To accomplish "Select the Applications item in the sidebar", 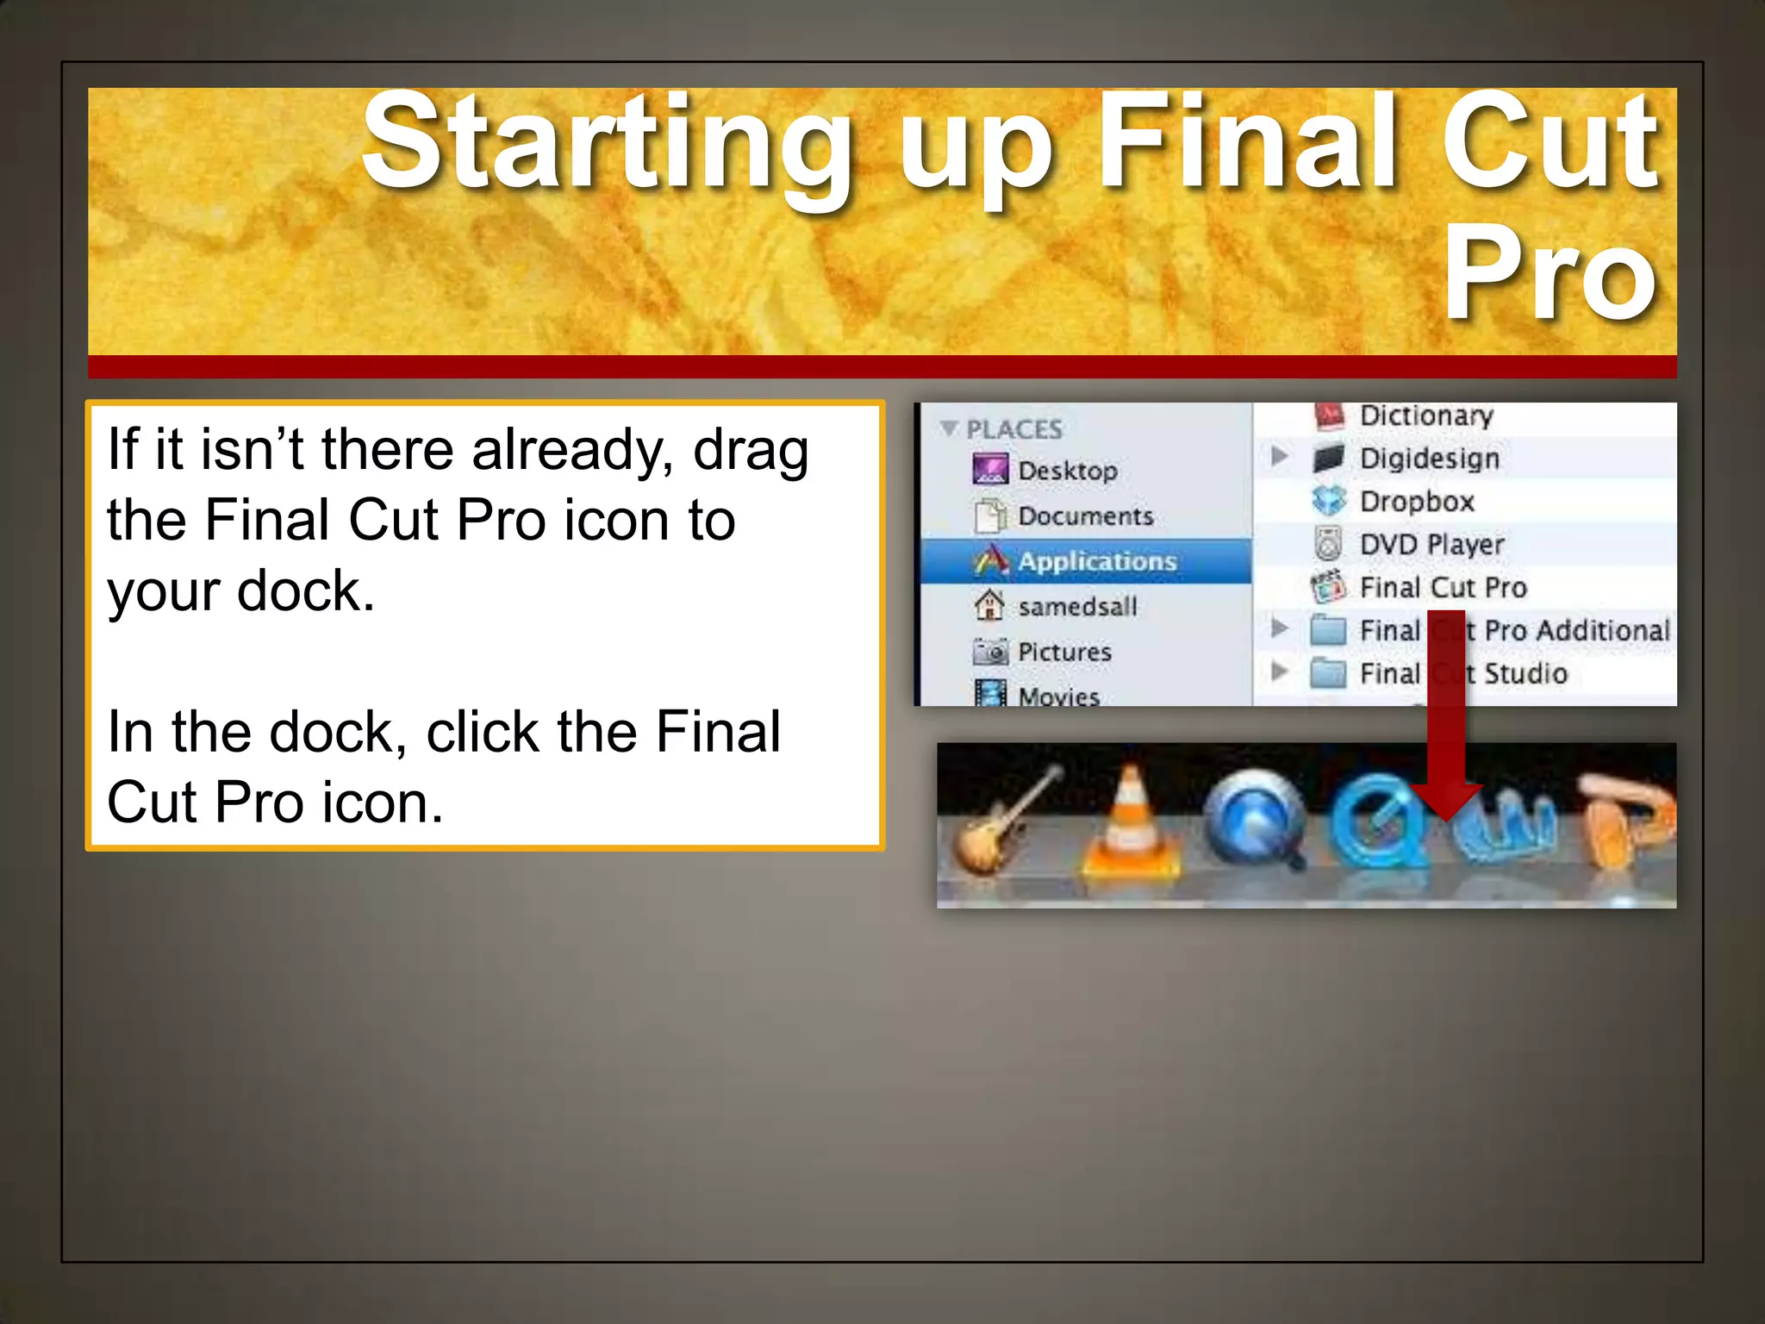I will [1096, 561].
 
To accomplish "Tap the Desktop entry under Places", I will [1067, 471].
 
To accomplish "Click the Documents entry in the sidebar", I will [1085, 516].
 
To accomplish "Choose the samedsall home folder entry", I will [1077, 607].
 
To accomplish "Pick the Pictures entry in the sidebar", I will [1064, 652].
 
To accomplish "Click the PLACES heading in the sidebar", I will [1013, 429].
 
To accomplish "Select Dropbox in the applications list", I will [1417, 502].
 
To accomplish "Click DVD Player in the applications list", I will [1431, 545].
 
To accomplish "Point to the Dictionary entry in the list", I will [1426, 416].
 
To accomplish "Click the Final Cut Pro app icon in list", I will [1328, 587].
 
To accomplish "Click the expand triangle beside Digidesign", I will [1280, 456].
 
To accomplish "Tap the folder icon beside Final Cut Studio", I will [1327, 673].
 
